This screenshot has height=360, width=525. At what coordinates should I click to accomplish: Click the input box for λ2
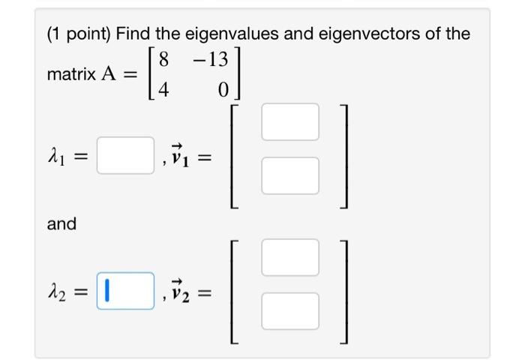tap(125, 291)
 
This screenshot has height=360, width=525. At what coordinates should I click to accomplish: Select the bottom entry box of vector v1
tap(290, 178)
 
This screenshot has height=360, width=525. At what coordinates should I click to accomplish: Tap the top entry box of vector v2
tap(290, 257)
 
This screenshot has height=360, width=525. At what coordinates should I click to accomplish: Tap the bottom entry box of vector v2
tap(290, 311)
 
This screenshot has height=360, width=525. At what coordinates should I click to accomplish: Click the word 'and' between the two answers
tap(61, 223)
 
